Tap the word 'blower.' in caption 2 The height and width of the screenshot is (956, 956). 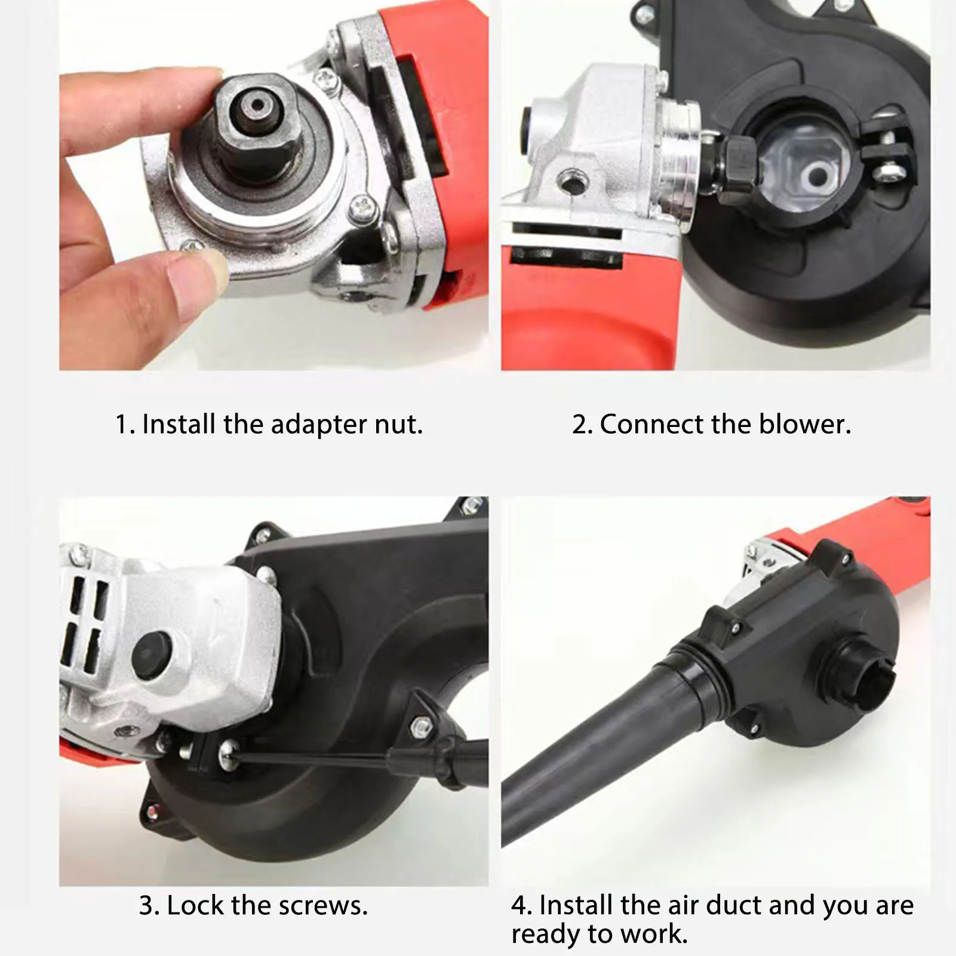pyautogui.click(x=804, y=425)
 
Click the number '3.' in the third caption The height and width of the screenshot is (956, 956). pyautogui.click(x=150, y=906)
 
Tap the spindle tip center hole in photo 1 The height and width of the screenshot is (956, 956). pyautogui.click(x=257, y=104)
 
